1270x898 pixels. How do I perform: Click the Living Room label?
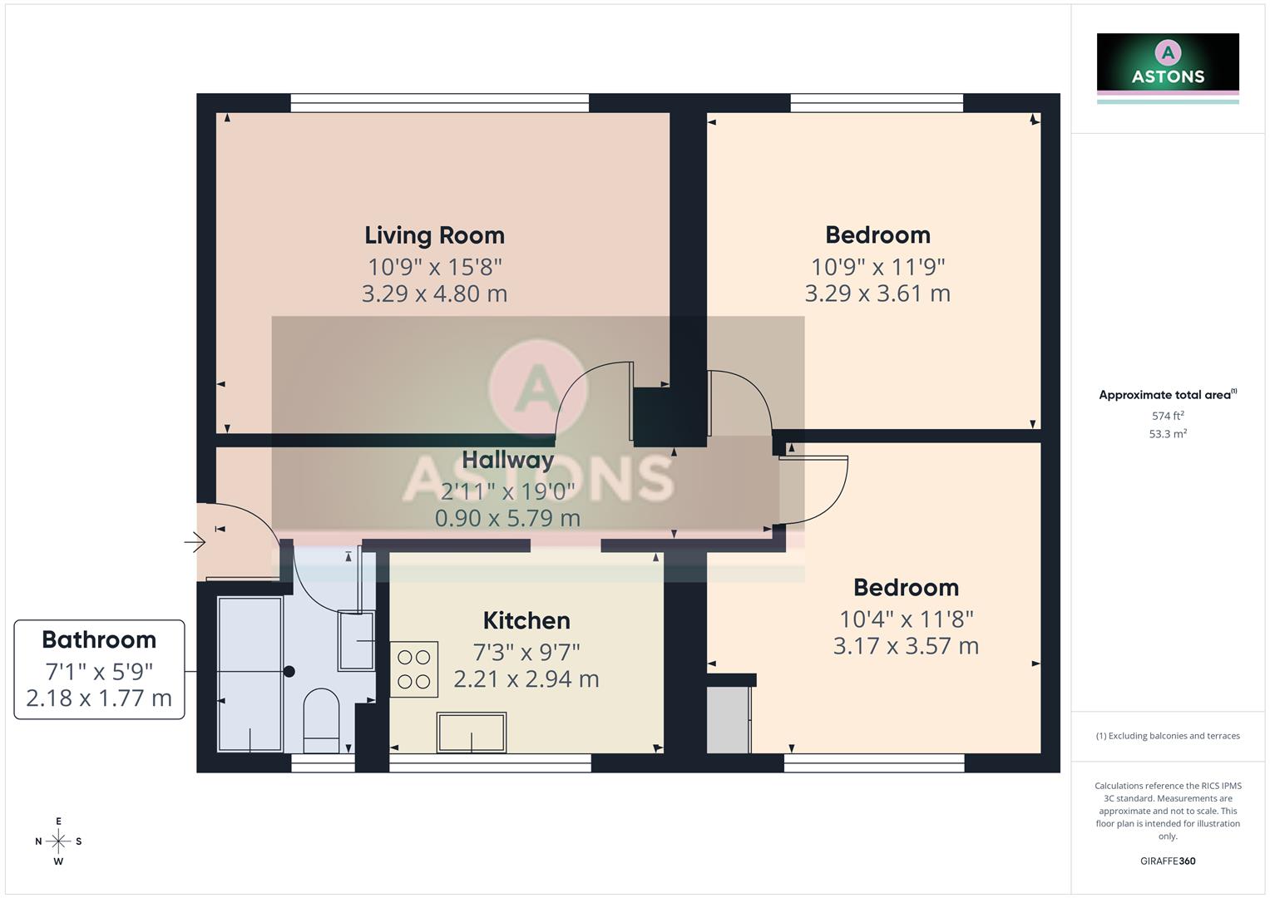coord(434,235)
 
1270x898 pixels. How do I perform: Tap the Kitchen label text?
coord(526,620)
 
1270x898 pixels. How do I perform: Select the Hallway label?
coord(507,460)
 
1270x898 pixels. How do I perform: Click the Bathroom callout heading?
coord(99,639)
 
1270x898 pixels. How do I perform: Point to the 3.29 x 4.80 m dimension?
coord(434,294)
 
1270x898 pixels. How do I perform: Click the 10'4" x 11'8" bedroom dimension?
coord(906,619)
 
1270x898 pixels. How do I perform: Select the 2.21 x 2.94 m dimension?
coord(526,678)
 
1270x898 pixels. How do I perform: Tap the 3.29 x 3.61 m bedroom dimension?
coord(877,294)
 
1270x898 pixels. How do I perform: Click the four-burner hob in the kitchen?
coord(413,669)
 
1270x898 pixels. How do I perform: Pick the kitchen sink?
coord(472,732)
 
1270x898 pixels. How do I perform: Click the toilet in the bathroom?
coord(320,719)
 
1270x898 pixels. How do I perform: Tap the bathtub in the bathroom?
coord(250,673)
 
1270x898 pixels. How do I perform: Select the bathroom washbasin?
coord(357,641)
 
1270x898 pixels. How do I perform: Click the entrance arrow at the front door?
coord(195,543)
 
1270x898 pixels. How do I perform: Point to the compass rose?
coord(58,841)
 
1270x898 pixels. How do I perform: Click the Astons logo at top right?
coord(1168,67)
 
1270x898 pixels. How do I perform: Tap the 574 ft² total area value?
coord(1168,416)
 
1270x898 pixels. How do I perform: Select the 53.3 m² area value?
coord(1168,434)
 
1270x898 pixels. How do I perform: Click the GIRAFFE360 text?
coord(1168,861)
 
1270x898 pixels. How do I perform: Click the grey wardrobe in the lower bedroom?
coord(729,719)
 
